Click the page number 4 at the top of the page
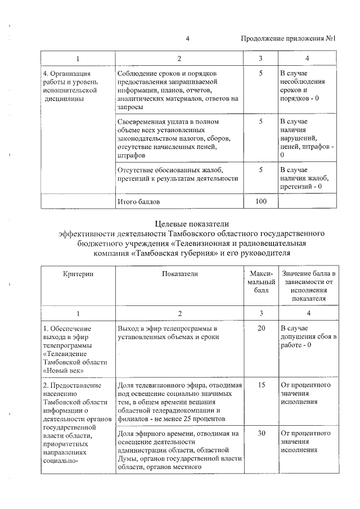coord(187,39)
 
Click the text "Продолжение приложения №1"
coord(288,39)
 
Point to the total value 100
coord(260,201)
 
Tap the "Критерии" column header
coord(78,273)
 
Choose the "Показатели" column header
coord(179,273)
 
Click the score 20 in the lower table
coord(260,328)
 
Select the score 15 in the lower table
coord(260,385)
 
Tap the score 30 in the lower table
coord(260,434)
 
